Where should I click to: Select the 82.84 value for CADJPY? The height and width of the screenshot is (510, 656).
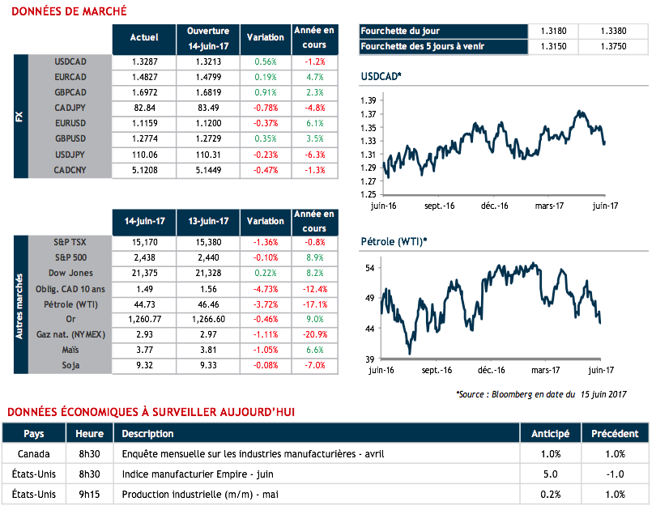(x=144, y=108)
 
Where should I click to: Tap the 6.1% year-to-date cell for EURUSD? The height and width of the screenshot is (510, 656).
(x=314, y=123)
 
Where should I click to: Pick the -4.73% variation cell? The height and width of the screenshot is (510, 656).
(x=264, y=289)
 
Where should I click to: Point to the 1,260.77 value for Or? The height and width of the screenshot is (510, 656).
(x=144, y=320)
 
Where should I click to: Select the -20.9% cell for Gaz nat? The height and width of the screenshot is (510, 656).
(x=314, y=335)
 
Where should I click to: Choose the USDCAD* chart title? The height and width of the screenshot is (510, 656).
(x=381, y=77)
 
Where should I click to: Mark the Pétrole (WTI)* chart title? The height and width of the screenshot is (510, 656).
(x=394, y=242)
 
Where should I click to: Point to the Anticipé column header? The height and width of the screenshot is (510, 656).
(x=551, y=434)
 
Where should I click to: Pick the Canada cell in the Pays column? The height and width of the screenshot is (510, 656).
(x=34, y=454)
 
